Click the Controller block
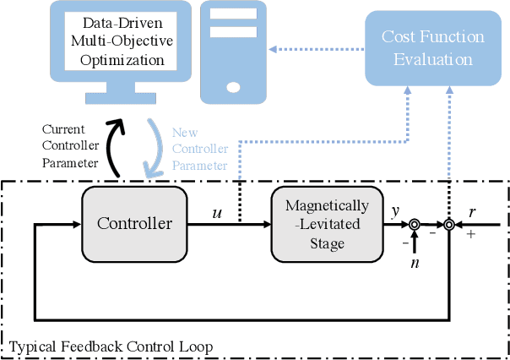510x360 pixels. [x=133, y=224]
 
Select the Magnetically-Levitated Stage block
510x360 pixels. [x=327, y=225]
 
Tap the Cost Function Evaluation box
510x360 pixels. [x=432, y=48]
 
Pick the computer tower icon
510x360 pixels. [x=231, y=51]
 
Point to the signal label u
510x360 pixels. [x=218, y=211]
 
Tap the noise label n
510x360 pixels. [x=414, y=263]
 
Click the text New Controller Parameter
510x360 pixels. [x=200, y=147]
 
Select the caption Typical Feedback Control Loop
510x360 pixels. [x=110, y=346]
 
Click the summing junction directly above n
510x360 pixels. [x=414, y=225]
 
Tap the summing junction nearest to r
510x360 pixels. [x=449, y=225]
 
